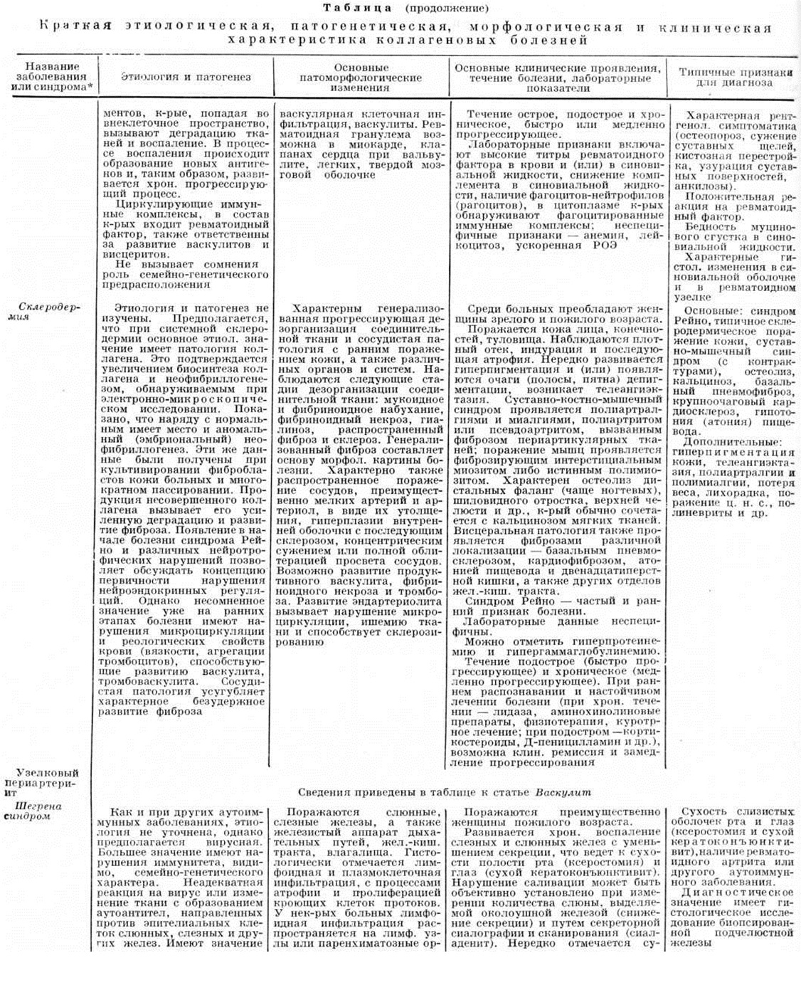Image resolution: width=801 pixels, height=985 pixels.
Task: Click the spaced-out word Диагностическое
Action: [738, 892]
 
